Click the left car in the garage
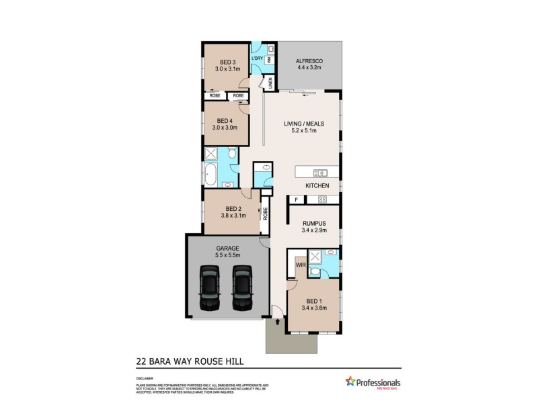[210, 287]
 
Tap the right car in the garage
[241, 287]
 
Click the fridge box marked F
[295, 199]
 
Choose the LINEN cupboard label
[270, 84]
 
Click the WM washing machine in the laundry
[269, 60]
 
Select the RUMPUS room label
[313, 223]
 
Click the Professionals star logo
[350, 381]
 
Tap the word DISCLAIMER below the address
[144, 379]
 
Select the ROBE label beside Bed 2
[266, 215]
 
